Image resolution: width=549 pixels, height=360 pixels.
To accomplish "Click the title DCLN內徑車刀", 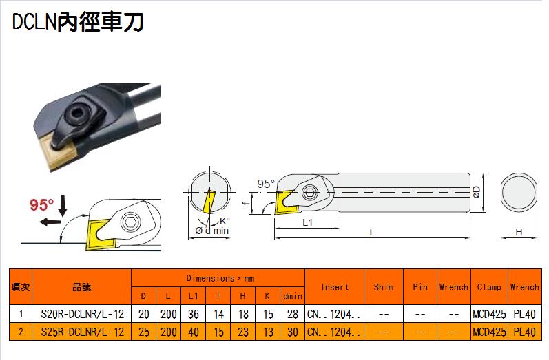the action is click(x=78, y=22).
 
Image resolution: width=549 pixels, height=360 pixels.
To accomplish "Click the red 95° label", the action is click(x=41, y=204).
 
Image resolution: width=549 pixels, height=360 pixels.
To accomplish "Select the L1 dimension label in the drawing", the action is click(x=307, y=222).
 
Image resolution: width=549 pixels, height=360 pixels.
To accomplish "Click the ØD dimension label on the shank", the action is click(x=477, y=192).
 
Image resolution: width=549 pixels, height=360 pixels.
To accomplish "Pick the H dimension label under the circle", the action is click(x=519, y=231).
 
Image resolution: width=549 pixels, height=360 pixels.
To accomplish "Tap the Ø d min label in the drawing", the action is click(x=212, y=231).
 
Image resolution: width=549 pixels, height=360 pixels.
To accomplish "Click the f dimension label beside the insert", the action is click(x=247, y=202).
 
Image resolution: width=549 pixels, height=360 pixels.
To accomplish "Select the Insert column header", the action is click(x=335, y=287).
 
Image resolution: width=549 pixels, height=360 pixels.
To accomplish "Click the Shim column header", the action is click(x=384, y=287).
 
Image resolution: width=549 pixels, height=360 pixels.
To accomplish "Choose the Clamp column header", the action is click(x=489, y=287).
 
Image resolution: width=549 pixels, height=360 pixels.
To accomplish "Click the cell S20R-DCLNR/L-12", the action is click(x=82, y=314).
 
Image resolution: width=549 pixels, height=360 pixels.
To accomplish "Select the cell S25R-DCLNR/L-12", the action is click(x=82, y=332).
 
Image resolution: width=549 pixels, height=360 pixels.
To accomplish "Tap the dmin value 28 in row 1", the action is click(x=292, y=314).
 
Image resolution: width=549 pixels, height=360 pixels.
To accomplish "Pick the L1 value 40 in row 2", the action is click(x=194, y=332).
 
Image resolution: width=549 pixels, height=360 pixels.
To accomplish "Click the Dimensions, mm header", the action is click(x=220, y=279).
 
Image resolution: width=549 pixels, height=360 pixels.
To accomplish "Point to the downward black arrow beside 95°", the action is click(x=63, y=205).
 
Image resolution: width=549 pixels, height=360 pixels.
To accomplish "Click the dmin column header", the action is click(x=293, y=296).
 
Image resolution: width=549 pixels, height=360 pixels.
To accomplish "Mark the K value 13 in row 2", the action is click(x=268, y=332).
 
